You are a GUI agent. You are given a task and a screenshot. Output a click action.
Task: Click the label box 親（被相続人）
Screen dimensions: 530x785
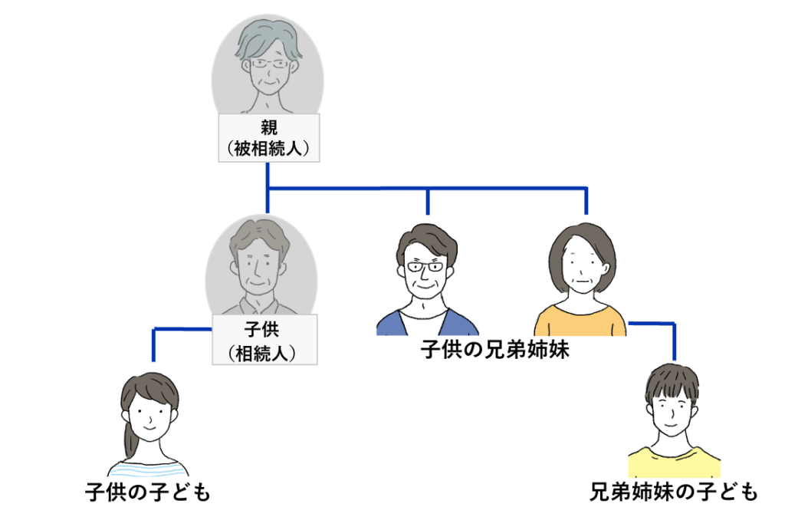coord(268,138)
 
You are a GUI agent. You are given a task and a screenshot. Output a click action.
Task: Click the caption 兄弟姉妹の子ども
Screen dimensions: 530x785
coord(674,491)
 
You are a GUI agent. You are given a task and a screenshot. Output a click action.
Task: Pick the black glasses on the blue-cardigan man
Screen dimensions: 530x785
coord(425,267)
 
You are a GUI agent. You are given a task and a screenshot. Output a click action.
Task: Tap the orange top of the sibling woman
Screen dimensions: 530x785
coord(580,321)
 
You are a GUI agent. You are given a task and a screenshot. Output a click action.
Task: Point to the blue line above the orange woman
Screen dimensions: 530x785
coord(586,201)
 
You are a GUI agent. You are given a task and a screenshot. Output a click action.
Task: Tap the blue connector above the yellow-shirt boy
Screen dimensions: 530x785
coord(675,342)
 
